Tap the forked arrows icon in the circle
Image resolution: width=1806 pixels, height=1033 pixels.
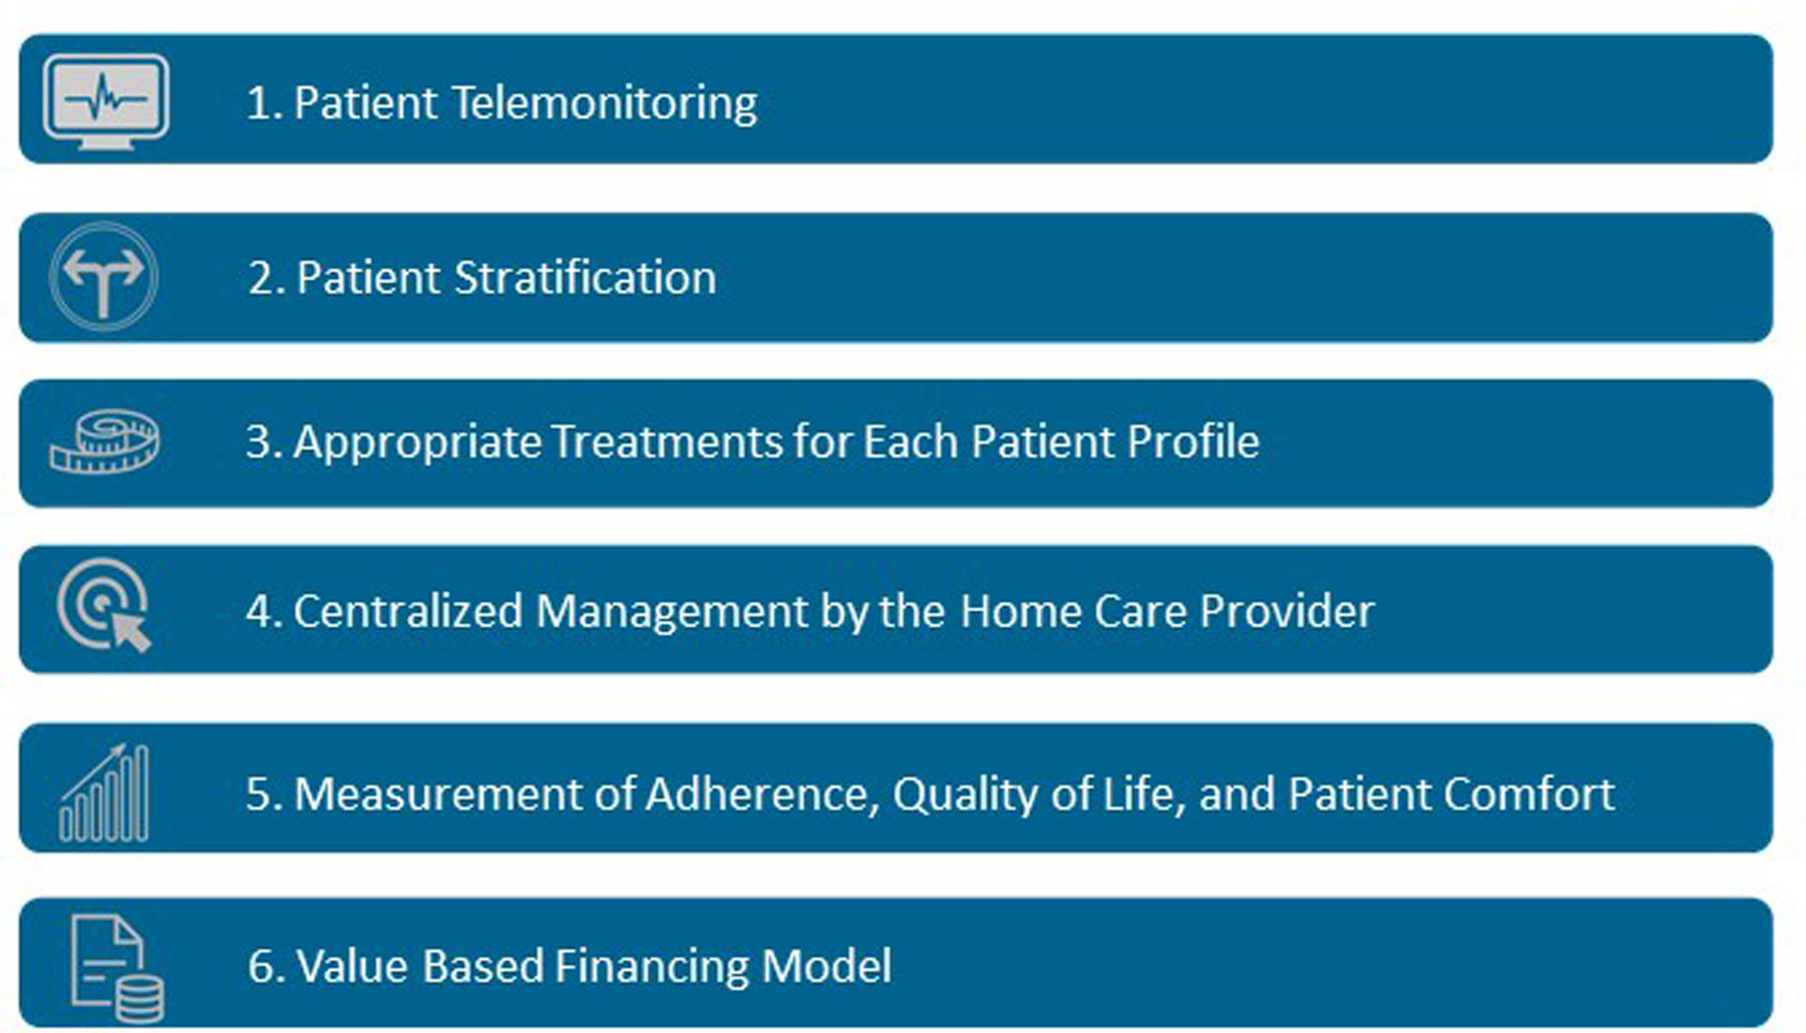tap(104, 277)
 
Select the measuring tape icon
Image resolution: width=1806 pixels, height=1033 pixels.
tap(104, 441)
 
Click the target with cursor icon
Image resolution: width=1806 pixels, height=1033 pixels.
tap(104, 605)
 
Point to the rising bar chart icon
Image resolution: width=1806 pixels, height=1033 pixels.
tap(104, 793)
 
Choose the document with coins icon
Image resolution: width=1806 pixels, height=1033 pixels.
tap(117, 968)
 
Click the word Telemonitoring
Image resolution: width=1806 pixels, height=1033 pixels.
tap(604, 103)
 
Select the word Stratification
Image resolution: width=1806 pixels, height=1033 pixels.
tap(585, 278)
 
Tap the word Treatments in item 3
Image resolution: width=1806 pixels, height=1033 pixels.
tap(666, 442)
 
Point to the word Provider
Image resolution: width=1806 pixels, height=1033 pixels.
tap(1287, 612)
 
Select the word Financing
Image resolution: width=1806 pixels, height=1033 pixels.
tap(652, 966)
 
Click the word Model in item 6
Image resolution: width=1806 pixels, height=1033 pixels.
tap(827, 966)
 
